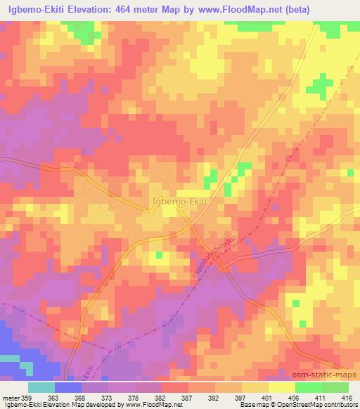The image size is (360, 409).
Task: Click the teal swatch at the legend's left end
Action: click(x=41, y=387)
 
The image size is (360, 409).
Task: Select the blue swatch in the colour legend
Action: click(x=67, y=387)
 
